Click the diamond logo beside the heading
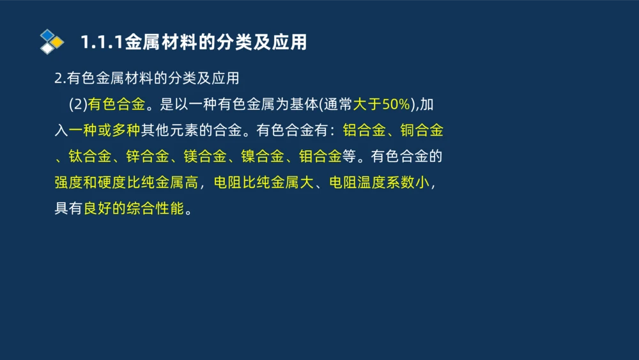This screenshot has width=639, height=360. [x=52, y=42]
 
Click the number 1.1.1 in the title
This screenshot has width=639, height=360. [x=102, y=42]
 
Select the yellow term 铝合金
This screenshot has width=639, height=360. [x=364, y=131]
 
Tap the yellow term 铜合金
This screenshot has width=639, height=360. [x=422, y=131]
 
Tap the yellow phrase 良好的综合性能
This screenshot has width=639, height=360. [x=134, y=208]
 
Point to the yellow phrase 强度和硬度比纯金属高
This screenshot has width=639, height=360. [x=126, y=183]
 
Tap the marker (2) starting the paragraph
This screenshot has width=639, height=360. [x=77, y=105]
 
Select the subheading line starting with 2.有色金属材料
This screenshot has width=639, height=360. [x=147, y=79]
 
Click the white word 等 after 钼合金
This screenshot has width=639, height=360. [x=349, y=157]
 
